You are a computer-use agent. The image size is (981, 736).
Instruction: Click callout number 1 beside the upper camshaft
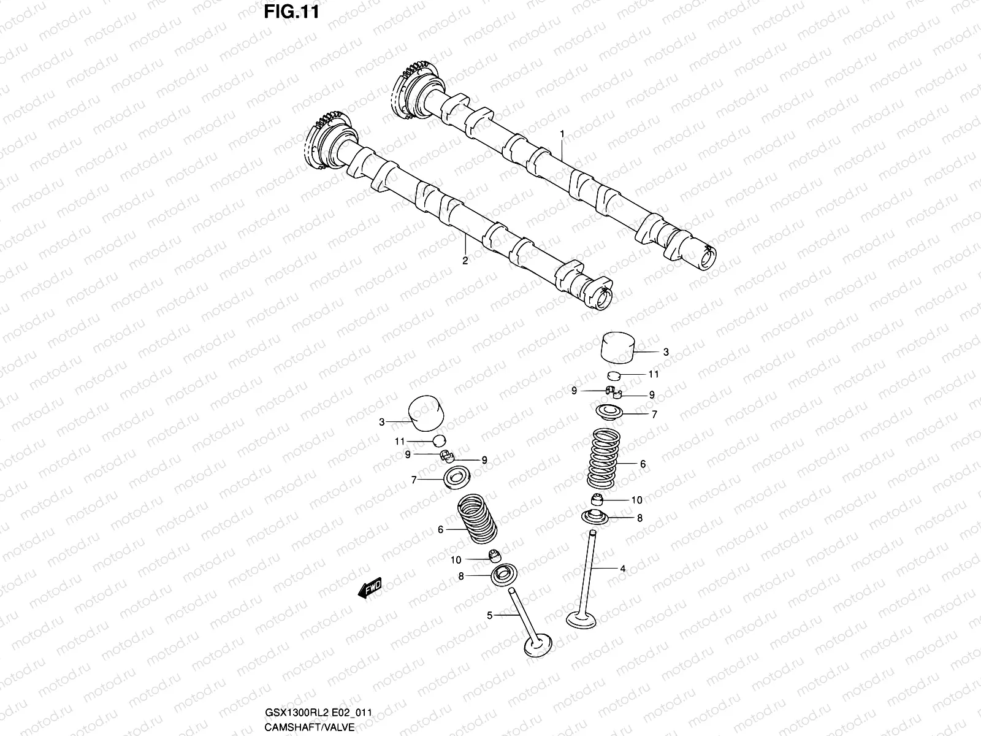561,134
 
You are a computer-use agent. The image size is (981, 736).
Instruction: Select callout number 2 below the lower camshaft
465,261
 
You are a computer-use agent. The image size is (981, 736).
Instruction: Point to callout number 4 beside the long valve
622,569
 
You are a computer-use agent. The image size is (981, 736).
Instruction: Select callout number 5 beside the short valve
489,615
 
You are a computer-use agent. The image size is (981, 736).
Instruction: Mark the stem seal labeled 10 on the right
598,499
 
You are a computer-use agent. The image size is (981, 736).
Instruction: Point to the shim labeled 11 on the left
439,440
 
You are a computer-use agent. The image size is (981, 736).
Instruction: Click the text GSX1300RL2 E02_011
318,713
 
